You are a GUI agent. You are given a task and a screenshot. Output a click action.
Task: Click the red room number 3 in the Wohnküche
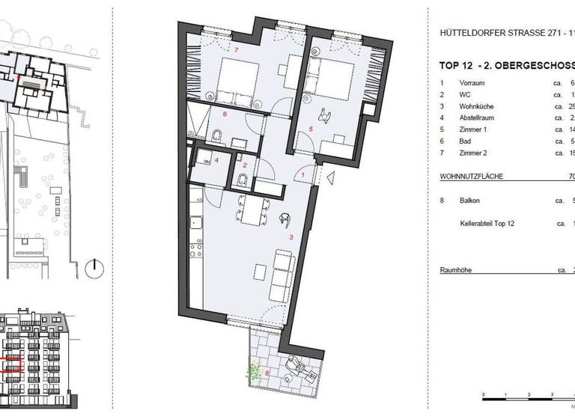click(x=290, y=236)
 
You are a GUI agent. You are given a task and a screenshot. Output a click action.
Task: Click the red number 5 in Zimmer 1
click(x=311, y=129)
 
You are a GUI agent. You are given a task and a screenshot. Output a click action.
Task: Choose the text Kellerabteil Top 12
click(x=490, y=223)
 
